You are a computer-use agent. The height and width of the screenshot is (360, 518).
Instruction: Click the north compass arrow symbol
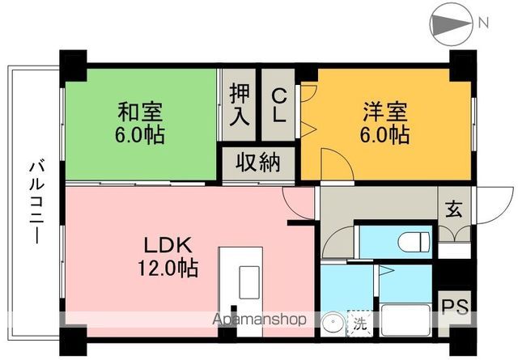451,24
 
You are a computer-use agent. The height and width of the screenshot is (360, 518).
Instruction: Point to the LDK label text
167,244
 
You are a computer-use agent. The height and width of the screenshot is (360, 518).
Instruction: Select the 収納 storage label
258,163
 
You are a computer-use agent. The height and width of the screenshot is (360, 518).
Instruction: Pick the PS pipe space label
452,307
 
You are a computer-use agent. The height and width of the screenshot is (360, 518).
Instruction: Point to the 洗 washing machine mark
358,324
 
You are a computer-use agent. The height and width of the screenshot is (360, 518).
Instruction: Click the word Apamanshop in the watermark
259,320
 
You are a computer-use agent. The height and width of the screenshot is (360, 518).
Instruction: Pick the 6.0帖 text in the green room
141,133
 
